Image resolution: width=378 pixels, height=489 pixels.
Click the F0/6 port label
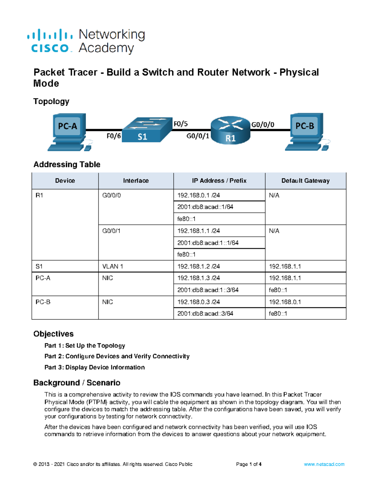(x=113, y=136)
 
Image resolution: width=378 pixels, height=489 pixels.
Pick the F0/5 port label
(x=181, y=124)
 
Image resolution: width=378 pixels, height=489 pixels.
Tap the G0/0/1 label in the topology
(x=198, y=136)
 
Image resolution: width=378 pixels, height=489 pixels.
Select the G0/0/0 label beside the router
(x=262, y=125)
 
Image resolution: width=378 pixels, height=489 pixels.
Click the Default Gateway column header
(x=305, y=181)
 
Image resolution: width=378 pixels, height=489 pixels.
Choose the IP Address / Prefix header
(x=219, y=181)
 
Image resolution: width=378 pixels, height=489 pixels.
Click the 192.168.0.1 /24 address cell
(x=198, y=195)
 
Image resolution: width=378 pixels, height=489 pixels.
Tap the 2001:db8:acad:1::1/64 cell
(x=208, y=243)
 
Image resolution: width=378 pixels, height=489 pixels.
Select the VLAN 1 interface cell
(x=112, y=266)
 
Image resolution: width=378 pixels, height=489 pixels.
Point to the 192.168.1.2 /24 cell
(x=198, y=266)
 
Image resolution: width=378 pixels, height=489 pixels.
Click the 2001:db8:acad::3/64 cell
(x=205, y=314)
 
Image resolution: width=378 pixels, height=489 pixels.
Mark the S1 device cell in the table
(x=39, y=266)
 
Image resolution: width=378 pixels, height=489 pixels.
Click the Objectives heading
(x=54, y=334)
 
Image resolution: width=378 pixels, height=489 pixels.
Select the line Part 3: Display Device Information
(x=94, y=367)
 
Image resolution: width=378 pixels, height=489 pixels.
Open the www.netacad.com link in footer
(x=324, y=464)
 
